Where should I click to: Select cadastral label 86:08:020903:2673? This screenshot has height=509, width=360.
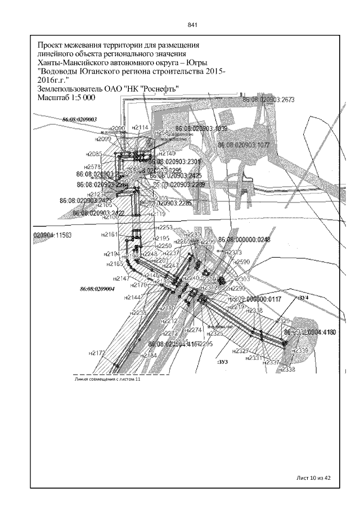[x=268, y=100]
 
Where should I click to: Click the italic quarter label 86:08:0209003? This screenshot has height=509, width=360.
[x=80, y=119]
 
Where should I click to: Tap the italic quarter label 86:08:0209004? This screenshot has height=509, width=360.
[x=97, y=289]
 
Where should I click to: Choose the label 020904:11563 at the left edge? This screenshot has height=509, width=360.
[x=52, y=236]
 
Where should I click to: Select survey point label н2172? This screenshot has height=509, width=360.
[x=97, y=353]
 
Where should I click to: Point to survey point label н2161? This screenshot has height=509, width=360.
[x=109, y=234]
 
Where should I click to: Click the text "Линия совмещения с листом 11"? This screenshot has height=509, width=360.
[x=107, y=380]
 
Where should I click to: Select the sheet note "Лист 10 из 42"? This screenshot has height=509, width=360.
[x=313, y=478]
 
